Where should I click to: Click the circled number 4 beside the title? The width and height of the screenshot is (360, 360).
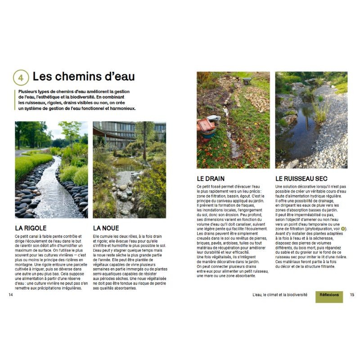click(21, 77)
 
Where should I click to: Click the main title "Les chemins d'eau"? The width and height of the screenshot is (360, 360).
click(84, 76)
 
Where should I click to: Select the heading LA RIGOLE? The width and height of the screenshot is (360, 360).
click(31, 228)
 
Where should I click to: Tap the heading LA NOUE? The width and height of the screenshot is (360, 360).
click(106, 228)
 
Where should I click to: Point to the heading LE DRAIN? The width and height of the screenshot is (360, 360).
click(211, 179)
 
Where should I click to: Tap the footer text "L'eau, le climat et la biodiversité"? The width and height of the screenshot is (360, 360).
click(280, 295)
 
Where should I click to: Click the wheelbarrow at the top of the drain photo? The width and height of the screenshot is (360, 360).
click(247, 80)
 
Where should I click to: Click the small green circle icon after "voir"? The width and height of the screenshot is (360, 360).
click(343, 229)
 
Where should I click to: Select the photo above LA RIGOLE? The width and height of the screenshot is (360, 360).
click(51, 170)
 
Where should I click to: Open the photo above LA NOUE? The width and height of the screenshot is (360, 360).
click(129, 170)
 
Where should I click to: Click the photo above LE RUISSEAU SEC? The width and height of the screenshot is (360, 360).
click(311, 120)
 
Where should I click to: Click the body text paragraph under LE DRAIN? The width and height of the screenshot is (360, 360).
click(233, 230)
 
